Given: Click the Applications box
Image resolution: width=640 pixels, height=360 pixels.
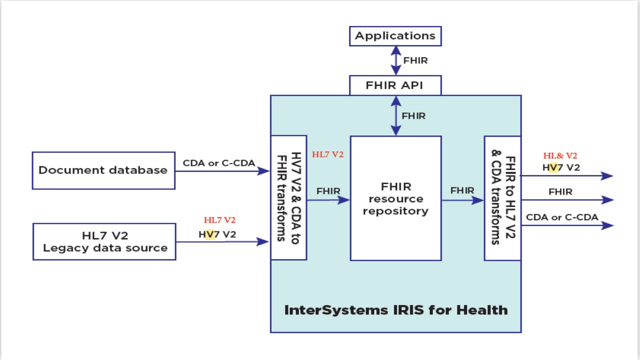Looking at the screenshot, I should point(395,36).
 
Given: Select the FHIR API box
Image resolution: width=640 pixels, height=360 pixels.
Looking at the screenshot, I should point(395,85).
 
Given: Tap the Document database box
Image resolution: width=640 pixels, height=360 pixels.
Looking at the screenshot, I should point(103,170).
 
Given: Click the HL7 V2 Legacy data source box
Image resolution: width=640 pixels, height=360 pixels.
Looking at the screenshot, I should point(104,241).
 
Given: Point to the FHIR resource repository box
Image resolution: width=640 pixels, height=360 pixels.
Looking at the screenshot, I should point(395,198).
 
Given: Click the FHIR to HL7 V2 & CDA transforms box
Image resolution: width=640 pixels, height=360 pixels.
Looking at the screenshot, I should point(502,198).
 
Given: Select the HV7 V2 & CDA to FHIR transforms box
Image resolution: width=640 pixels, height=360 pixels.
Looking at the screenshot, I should point(288,197).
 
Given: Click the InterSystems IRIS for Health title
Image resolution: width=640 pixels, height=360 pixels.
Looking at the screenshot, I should point(395,310).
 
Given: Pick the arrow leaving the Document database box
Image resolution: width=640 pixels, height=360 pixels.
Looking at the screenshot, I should point(222,171).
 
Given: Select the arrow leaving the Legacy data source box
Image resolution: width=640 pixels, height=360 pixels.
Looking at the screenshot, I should point(222,242).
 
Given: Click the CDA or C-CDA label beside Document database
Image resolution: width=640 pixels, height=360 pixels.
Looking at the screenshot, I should point(218,163).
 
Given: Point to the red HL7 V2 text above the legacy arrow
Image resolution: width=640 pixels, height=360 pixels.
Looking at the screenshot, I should point(219,220).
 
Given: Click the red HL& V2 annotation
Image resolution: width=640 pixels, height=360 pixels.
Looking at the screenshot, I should point(560,156).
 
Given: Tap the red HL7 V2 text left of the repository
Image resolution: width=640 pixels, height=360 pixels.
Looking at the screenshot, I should point(327,154).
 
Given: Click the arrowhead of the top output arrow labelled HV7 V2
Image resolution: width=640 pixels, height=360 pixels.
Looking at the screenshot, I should point(607,175).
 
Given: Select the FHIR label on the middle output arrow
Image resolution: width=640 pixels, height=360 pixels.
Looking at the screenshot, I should point(560,192).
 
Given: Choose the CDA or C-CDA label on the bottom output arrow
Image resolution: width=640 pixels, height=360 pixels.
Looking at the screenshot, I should point(562,217).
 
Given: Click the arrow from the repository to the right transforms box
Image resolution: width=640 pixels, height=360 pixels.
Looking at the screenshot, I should point(462,200).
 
